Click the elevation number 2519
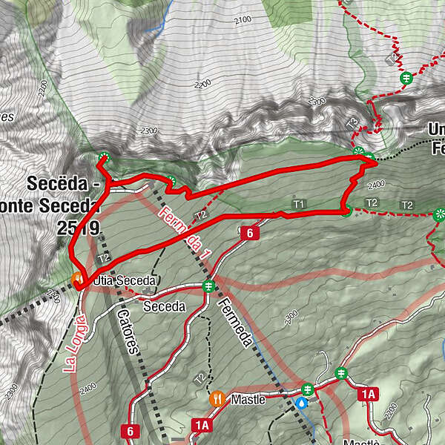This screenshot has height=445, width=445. click(x=77, y=229)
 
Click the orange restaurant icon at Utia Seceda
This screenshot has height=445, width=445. click(x=77, y=278)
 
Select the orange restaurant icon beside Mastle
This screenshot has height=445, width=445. click(x=217, y=398)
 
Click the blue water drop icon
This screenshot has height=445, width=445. click(x=303, y=403)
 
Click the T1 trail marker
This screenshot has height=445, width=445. click(x=299, y=203)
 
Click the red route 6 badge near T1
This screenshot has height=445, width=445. click(x=250, y=234)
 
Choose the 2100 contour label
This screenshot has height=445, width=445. click(x=242, y=21)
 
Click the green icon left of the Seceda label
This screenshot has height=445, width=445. click(x=208, y=286)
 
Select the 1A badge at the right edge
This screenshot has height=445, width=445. click(x=368, y=394)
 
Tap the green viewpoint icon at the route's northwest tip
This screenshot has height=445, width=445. click(x=103, y=156)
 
